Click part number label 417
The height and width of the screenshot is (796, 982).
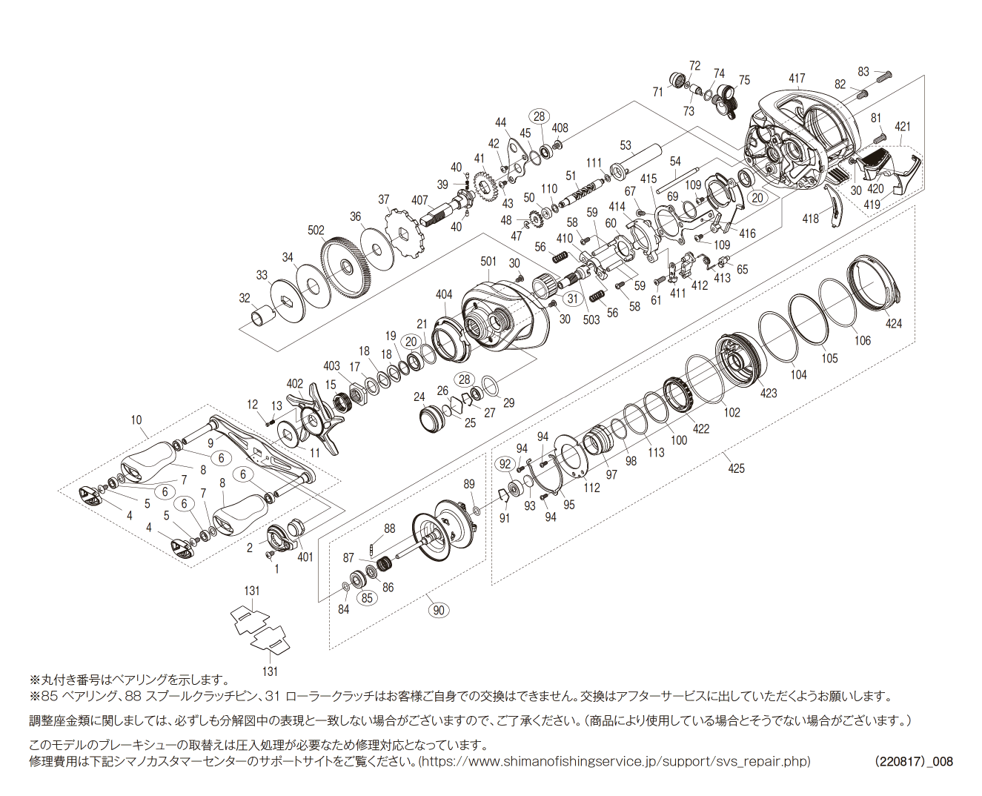click(797, 78)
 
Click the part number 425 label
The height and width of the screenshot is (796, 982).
click(736, 468)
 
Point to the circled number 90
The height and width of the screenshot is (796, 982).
click(439, 610)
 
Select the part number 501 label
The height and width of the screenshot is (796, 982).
click(488, 261)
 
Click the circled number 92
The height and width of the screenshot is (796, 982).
click(505, 464)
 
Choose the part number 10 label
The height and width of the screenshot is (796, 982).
click(136, 420)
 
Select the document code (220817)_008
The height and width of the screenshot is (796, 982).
click(913, 761)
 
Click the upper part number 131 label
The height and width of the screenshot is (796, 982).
click(252, 591)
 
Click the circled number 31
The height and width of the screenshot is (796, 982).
click(572, 299)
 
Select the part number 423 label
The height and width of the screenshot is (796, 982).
click(769, 393)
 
